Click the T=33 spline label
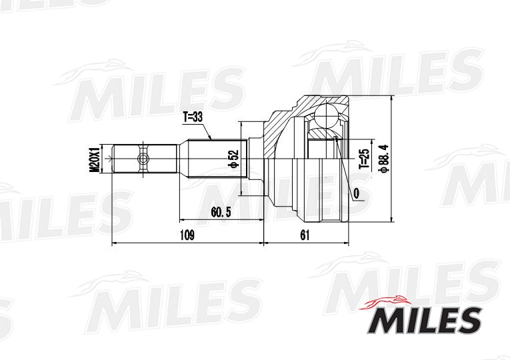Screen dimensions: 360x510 [x=193, y=117]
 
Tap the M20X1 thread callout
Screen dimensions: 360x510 [x=95, y=159]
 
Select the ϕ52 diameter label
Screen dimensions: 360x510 [x=233, y=159]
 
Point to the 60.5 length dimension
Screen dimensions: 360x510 [x=220, y=212]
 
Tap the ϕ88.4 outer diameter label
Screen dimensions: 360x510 [x=382, y=159]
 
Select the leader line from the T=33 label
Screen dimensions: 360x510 [x=207, y=131]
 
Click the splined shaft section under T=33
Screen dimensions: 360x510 [x=213, y=159]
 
